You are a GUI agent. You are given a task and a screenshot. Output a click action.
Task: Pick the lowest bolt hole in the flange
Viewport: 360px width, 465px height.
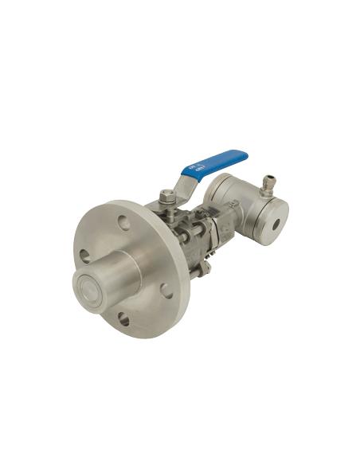click(x=123, y=320)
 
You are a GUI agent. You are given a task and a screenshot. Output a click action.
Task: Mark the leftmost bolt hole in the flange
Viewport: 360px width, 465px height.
click(x=84, y=256)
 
